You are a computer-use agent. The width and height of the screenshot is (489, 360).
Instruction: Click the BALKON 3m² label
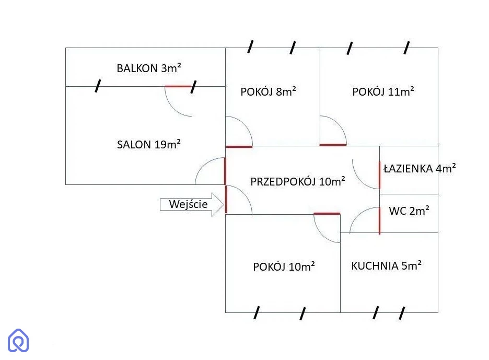point(149,67)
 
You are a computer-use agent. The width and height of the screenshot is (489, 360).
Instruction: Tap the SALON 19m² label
point(149,144)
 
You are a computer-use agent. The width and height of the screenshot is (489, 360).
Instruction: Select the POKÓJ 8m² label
point(269,92)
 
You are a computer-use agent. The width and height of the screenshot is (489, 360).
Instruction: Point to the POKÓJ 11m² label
point(383,92)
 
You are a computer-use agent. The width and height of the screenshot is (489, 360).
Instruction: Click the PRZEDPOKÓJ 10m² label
point(298,182)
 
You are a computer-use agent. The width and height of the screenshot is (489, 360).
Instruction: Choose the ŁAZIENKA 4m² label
point(420,168)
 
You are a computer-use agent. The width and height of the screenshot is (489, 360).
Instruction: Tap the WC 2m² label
point(409,211)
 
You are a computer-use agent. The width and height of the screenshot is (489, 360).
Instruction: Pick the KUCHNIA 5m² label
point(387,265)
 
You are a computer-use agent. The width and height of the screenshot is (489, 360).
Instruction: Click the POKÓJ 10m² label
point(284,266)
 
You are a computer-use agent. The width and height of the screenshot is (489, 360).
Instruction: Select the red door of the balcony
point(178,86)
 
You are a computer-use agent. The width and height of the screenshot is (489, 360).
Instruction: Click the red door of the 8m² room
point(239,146)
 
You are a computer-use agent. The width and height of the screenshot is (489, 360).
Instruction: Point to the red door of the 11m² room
point(333,145)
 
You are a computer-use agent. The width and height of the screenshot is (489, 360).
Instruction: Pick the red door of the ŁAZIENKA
point(379,175)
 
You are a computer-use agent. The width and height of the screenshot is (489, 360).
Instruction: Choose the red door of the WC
point(379,220)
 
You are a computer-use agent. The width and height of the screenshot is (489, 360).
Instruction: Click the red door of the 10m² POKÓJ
point(327,213)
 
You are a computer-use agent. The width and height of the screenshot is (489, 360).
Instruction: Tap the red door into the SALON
point(225,171)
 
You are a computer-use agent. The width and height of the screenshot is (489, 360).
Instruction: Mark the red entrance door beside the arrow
point(226,199)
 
